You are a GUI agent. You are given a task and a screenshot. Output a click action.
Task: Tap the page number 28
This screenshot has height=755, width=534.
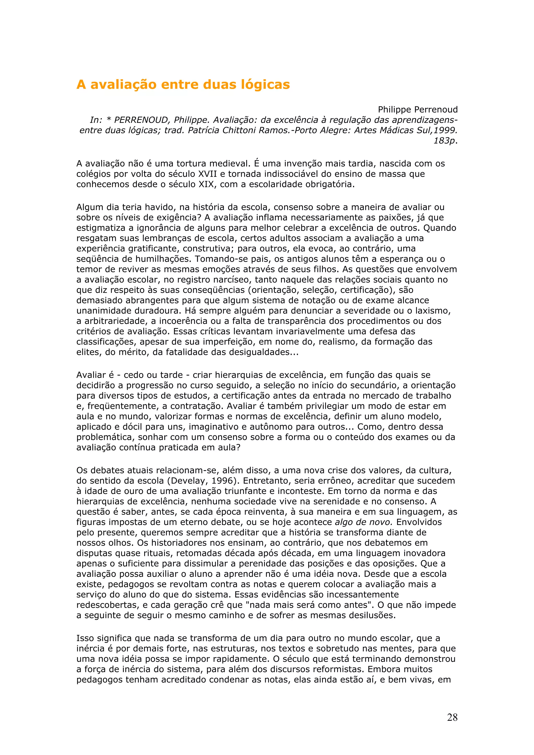452,717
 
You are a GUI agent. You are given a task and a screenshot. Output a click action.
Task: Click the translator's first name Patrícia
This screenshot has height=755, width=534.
204,131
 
